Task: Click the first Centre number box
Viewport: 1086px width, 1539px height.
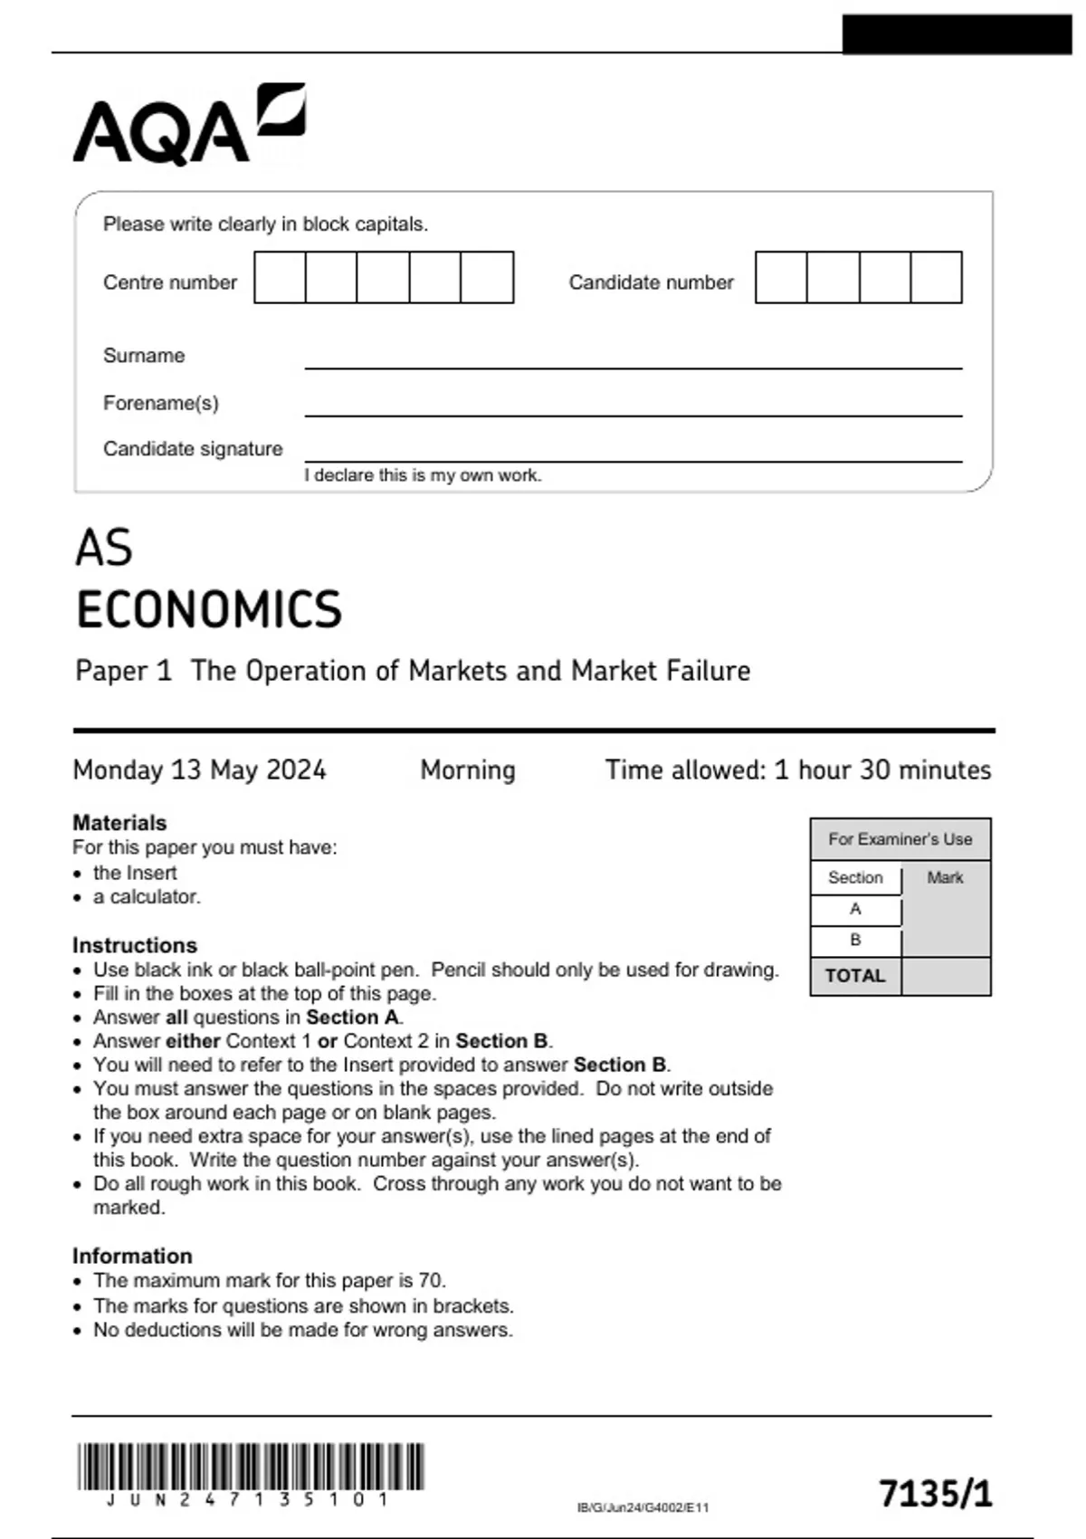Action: (x=280, y=278)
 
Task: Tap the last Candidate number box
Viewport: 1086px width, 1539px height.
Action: (x=936, y=278)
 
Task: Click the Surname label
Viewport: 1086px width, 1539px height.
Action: (x=143, y=356)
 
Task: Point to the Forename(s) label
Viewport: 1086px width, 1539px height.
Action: (x=160, y=403)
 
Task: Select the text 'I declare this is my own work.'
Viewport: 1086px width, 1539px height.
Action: (x=423, y=475)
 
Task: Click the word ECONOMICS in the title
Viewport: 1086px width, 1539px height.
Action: (x=209, y=609)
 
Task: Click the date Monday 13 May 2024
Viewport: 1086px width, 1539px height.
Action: (x=199, y=769)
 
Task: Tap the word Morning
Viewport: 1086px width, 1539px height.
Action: (x=467, y=769)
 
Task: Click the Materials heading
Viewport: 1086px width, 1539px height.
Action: (x=119, y=823)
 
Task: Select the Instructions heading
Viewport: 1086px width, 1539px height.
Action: (x=134, y=945)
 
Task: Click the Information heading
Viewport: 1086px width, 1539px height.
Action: (x=132, y=1256)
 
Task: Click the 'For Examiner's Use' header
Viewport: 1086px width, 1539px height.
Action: (x=900, y=839)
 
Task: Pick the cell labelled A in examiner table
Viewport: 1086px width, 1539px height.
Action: (x=855, y=909)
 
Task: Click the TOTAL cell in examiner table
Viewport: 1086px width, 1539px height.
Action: (x=855, y=976)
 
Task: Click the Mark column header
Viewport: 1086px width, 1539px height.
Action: (x=945, y=877)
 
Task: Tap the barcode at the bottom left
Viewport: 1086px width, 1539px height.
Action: (x=250, y=1467)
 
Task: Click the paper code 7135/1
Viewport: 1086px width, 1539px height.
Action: (x=935, y=1493)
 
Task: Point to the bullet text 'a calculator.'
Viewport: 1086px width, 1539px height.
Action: (x=147, y=897)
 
